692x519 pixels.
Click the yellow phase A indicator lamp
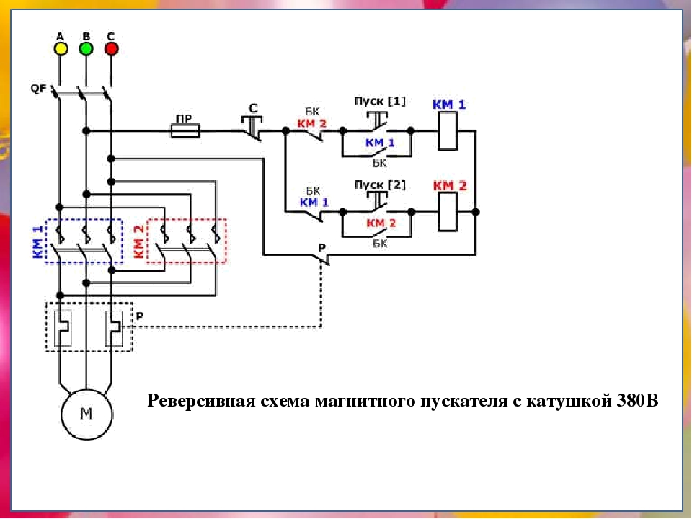60,48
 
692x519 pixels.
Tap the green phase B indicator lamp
86,48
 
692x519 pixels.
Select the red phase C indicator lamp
111,48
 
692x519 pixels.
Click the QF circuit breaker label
38,89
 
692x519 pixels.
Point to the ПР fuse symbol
185,130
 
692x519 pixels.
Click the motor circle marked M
86,414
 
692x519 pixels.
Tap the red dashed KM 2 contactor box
187,241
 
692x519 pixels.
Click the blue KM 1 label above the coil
449,105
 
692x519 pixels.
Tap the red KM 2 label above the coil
449,186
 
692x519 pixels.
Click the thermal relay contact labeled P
321,256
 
